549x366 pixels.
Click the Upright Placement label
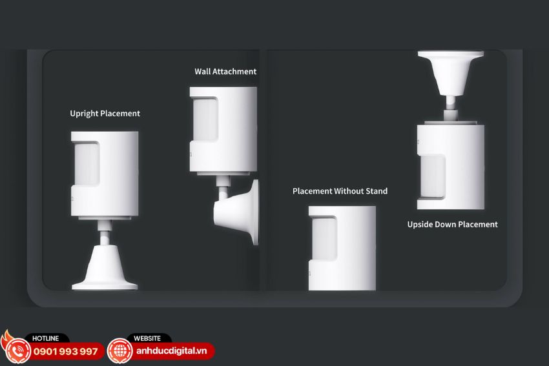(105, 114)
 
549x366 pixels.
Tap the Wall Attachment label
(225, 72)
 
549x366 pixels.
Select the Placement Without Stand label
(340, 191)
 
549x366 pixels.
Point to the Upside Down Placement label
(452, 224)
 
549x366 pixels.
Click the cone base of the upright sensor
(105, 268)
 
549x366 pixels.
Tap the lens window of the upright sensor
(87, 164)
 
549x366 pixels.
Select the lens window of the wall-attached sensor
(205, 119)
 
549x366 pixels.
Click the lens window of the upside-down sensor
(433, 177)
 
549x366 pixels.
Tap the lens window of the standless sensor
(324, 239)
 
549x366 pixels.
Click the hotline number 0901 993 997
(65, 351)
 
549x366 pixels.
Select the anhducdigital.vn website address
(171, 351)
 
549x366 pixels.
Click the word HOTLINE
(45, 338)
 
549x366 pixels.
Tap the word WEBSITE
(147, 338)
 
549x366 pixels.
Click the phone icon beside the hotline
(16, 351)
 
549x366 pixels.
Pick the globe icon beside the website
(120, 351)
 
